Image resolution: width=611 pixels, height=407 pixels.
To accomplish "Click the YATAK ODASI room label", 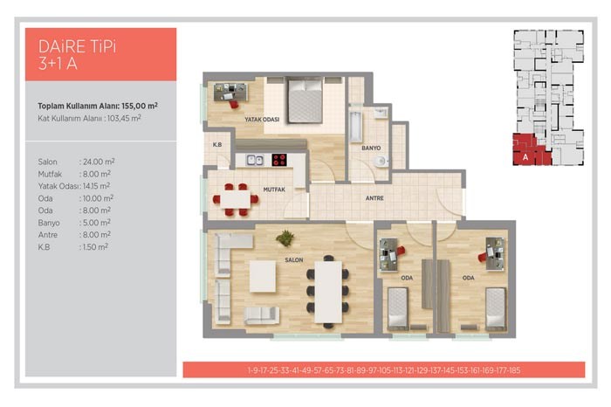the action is tap(262, 120).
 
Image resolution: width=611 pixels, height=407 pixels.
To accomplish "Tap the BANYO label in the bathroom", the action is tap(371, 148).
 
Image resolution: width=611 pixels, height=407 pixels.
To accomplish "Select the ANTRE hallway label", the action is tap(374, 198).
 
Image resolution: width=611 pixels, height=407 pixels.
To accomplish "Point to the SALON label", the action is tap(294, 260).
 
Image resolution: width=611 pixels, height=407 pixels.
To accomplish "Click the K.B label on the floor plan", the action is tap(217, 145).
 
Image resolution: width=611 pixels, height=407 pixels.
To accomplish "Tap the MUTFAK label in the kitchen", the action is tap(274, 190).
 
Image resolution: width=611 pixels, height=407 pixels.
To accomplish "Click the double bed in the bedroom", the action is tap(305, 100).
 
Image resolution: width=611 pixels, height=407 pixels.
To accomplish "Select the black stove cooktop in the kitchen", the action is tap(279, 160).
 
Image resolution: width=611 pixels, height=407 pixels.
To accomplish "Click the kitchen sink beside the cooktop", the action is tap(255, 160).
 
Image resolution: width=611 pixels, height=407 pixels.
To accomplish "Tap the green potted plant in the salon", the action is tap(285, 238).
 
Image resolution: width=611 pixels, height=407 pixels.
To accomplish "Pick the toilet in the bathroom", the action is tap(381, 161).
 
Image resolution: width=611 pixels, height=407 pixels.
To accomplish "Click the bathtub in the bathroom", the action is tap(355, 127).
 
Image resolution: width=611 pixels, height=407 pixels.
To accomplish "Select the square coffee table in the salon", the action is tap(263, 276).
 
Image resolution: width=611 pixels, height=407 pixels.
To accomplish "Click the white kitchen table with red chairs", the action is tap(236, 199).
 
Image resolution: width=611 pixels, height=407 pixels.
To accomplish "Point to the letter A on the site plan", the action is tap(525, 157).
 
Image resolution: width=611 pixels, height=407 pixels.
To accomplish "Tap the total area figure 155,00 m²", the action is tap(140, 106).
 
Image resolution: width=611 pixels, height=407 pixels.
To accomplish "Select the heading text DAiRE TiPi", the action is tap(77, 46).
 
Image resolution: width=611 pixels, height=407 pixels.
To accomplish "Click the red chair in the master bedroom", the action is tap(233, 104).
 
